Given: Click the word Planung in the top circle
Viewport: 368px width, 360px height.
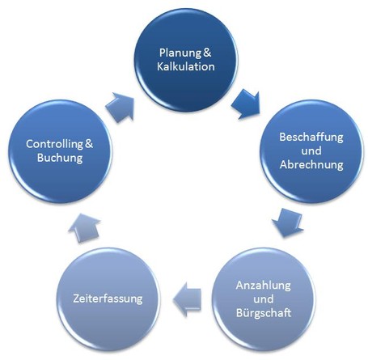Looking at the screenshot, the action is (x=180, y=53).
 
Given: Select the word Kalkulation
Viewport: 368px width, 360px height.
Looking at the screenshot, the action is (x=186, y=66).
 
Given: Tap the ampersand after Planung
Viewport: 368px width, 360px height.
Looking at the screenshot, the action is (x=207, y=53).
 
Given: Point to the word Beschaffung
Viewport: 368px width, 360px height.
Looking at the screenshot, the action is (x=311, y=138).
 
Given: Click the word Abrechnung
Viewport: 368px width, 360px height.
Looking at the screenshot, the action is (x=311, y=164).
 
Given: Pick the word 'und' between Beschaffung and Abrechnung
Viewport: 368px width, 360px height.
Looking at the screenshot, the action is (x=311, y=150).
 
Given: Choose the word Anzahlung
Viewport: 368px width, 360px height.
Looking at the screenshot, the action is (x=263, y=286).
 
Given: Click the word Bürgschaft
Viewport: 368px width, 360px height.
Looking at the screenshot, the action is (x=264, y=312).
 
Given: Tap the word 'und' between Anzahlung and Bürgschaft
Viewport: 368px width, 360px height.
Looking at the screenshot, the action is (x=264, y=299).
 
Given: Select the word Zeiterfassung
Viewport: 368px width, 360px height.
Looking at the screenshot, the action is (x=108, y=299).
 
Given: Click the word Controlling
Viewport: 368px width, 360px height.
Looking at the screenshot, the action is (x=54, y=144).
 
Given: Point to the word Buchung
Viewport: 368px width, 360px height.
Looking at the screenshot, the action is (x=60, y=158).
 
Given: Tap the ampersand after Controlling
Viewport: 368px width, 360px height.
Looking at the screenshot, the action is (x=89, y=144).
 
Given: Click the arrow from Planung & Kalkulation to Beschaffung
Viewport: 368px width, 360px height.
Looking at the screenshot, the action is (x=247, y=104).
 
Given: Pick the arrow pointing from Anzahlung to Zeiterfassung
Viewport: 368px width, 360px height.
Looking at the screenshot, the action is (x=187, y=299).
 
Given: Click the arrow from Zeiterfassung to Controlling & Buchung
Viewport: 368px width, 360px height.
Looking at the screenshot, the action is (x=85, y=228).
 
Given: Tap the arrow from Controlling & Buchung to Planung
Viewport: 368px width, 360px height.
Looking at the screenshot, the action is (x=121, y=108).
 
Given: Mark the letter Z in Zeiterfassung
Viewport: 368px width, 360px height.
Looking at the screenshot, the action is (x=76, y=299).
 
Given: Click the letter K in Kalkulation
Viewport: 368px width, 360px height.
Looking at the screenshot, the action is (x=160, y=66).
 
